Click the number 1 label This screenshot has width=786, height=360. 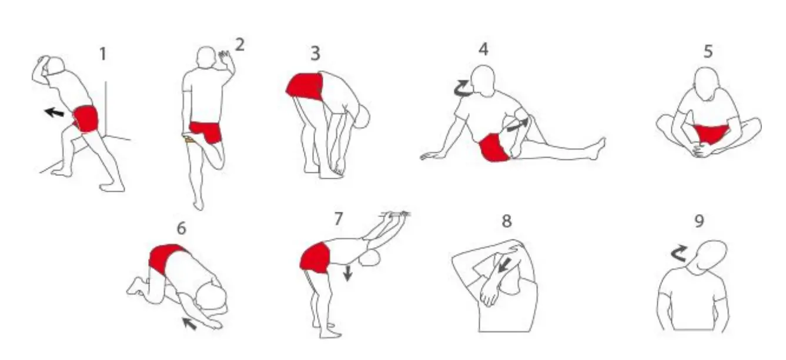[103, 54]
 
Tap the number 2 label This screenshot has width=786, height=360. [239, 45]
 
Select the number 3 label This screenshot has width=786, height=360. [315, 54]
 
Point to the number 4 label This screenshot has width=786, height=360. [483, 49]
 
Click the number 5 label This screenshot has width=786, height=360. [708, 51]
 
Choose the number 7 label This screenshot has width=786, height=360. [338, 219]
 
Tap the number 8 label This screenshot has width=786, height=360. [507, 221]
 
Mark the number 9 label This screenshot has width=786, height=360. [699, 221]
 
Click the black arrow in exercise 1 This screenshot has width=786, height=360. [55, 112]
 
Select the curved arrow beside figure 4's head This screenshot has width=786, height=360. [461, 89]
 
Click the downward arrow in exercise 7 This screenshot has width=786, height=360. [347, 273]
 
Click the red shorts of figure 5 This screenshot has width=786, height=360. [708, 134]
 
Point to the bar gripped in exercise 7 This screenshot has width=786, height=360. [395, 213]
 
